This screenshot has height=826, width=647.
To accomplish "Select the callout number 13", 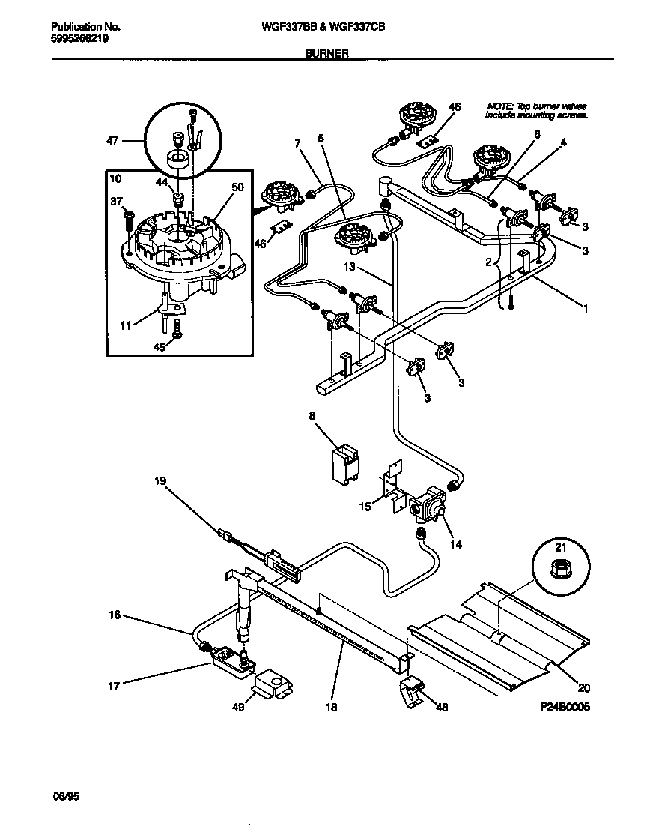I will (x=350, y=268).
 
